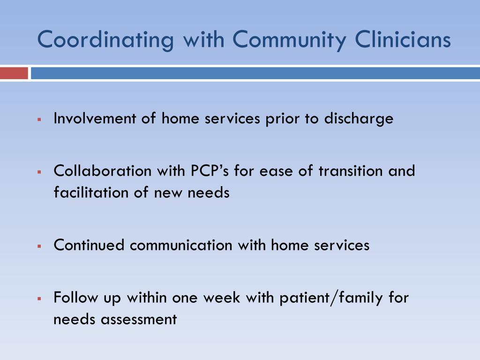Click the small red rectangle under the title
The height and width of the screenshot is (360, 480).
(14, 74)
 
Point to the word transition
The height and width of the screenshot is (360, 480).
(352, 171)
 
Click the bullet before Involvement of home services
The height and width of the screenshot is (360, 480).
(40, 120)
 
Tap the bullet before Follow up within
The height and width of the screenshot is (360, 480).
(40, 299)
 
